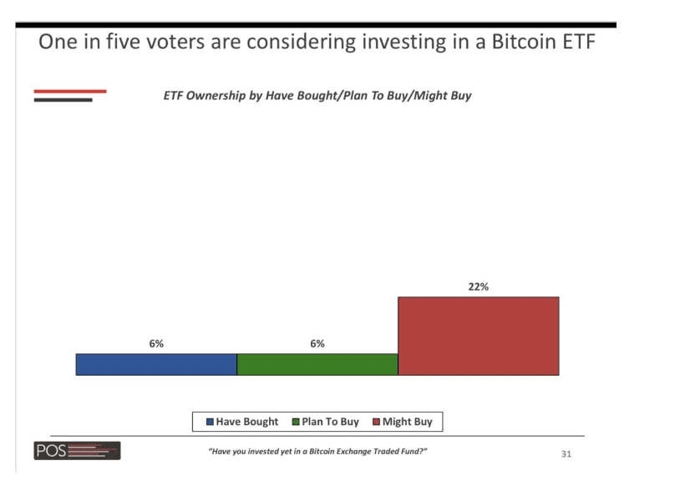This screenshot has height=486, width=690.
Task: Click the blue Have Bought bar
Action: (156, 364)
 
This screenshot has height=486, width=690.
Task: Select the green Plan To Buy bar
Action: (317, 364)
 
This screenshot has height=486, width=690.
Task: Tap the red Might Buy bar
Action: (478, 336)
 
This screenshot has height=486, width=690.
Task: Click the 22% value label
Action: (478, 286)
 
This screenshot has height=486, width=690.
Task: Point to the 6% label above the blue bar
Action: (156, 343)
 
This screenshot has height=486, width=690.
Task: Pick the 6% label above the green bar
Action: (317, 343)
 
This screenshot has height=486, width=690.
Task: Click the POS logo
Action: (77, 452)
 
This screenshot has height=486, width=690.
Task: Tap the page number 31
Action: (566, 454)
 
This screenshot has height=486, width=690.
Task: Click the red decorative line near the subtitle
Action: (70, 90)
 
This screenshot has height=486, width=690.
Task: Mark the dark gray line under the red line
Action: (63, 100)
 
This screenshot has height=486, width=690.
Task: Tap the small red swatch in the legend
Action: (376, 422)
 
